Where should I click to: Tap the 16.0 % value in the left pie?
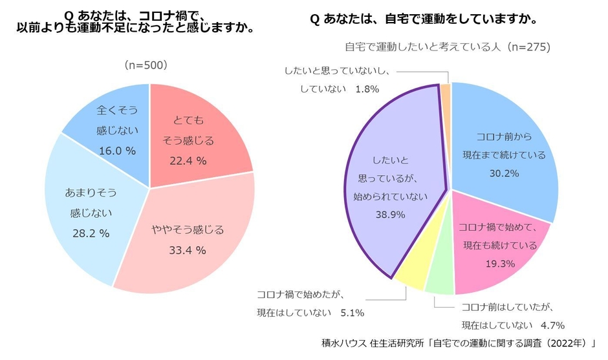116,151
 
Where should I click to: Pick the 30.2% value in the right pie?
503,175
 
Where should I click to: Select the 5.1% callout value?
352,313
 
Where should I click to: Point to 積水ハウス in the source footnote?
343,342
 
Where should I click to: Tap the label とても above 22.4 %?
188,120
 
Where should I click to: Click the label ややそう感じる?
188,229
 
